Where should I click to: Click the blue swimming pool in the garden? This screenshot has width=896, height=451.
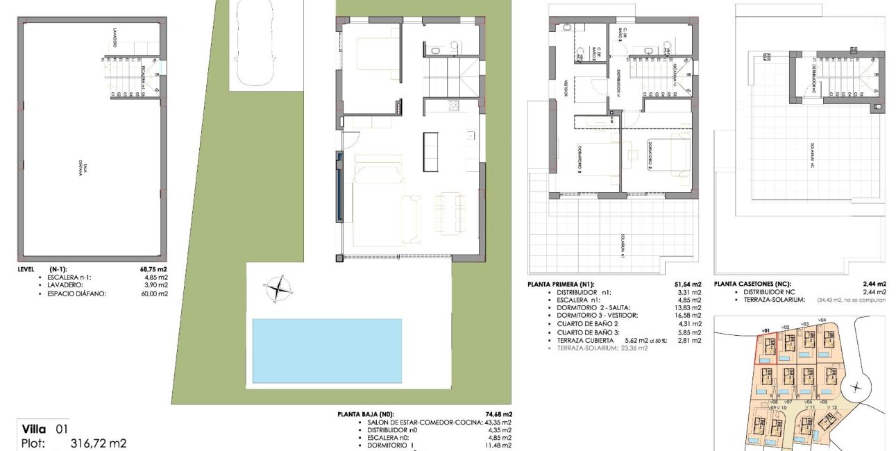(327, 350)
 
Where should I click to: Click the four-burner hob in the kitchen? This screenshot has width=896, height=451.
(454, 105)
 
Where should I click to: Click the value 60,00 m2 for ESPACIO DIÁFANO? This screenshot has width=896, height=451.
(155, 293)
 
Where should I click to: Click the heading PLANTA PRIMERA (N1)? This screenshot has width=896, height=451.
(561, 284)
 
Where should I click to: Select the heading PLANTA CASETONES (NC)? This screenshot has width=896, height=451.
(755, 284)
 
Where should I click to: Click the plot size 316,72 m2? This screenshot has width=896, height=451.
(99, 443)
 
